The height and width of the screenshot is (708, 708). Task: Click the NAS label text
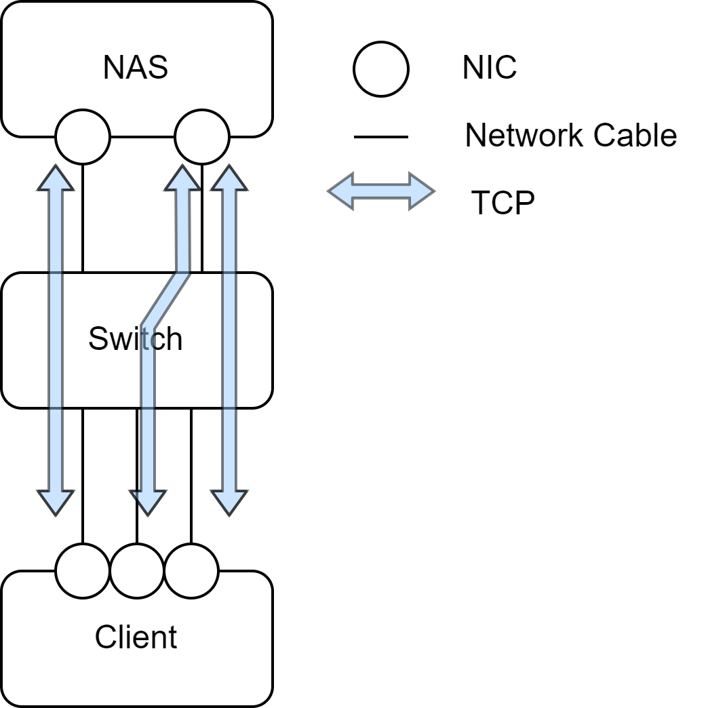136,68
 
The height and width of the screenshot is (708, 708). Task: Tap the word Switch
136,338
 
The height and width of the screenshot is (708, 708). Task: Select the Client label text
136,637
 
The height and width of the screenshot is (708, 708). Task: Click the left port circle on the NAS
83,136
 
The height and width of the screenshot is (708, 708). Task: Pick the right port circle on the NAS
201,136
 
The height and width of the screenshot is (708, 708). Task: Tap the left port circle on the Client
83,572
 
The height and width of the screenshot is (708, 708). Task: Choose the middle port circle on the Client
137,572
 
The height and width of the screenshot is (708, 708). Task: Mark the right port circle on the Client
191,572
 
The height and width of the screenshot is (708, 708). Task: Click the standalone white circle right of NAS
381,69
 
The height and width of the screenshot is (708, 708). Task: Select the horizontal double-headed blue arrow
381,191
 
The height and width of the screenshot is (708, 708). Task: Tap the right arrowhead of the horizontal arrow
421,191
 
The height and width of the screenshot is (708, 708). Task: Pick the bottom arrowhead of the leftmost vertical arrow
56,502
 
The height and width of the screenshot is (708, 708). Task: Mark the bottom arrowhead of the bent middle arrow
148,502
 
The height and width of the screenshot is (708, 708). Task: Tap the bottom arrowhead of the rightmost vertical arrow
229,502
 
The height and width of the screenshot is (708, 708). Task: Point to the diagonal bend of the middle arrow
165,300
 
